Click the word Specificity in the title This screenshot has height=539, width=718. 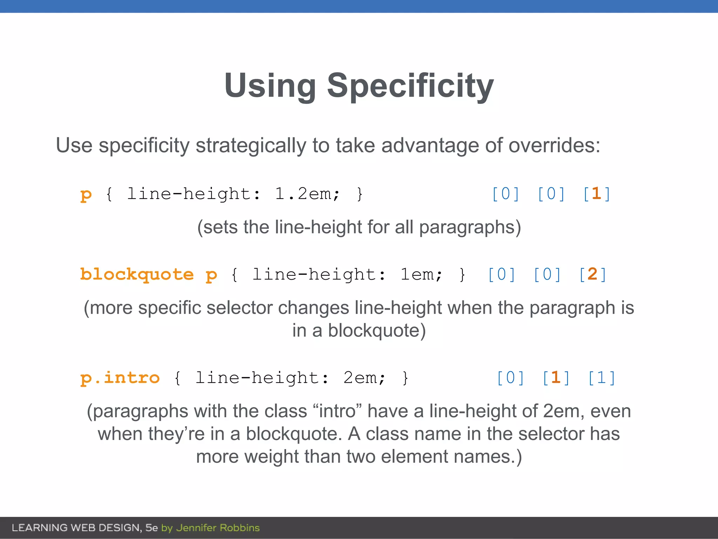point(410,86)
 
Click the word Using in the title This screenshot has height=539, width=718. point(270,86)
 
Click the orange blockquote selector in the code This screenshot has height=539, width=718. point(137,274)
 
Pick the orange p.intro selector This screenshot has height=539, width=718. point(120,378)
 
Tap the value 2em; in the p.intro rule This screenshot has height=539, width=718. point(364,378)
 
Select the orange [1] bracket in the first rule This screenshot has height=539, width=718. point(597,194)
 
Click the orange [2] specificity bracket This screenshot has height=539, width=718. point(592,274)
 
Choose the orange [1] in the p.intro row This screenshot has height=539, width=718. point(556,378)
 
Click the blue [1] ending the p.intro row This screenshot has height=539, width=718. point(602,378)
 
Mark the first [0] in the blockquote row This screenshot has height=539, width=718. point(501,274)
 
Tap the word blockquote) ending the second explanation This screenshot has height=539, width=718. point(377,330)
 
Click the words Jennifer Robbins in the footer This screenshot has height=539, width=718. point(218,528)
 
